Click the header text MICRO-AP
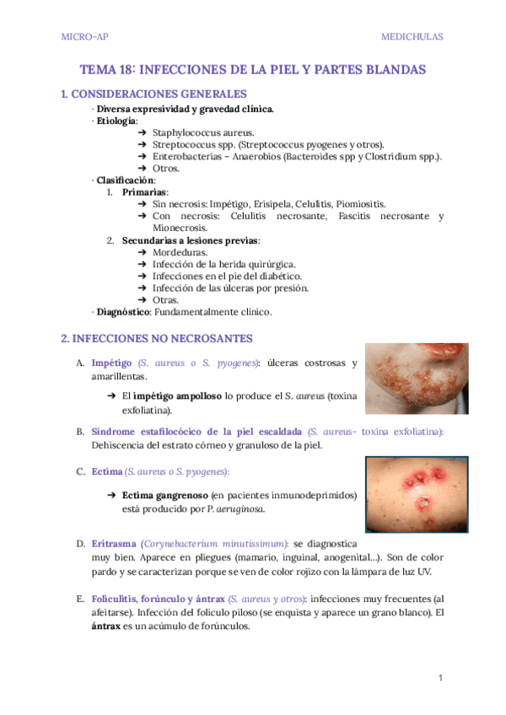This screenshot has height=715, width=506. click(x=84, y=37)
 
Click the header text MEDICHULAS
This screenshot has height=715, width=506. click(x=412, y=37)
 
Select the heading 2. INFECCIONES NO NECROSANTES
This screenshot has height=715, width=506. click(x=158, y=339)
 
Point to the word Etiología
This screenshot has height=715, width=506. click(x=116, y=121)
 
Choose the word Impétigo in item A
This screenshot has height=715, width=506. click(x=112, y=363)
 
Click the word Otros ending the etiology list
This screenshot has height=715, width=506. click(x=166, y=169)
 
